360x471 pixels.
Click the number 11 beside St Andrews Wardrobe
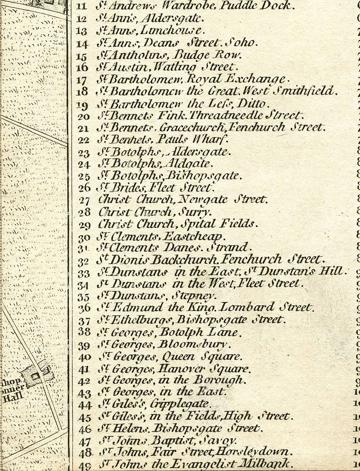[x=82, y=7]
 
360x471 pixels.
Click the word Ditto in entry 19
[x=255, y=103]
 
